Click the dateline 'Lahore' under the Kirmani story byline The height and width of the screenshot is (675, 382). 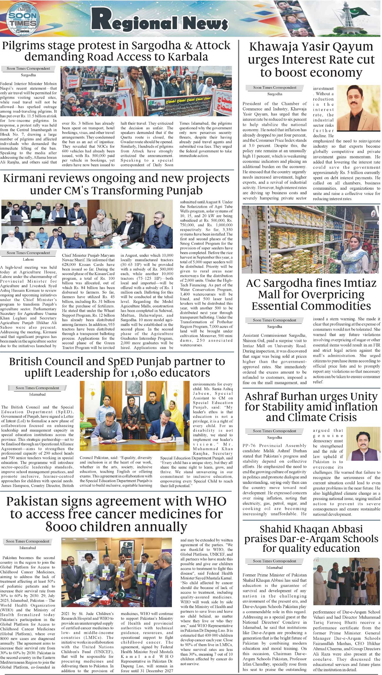tap(29, 259)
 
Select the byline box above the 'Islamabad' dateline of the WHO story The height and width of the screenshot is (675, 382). tap(28, 541)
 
